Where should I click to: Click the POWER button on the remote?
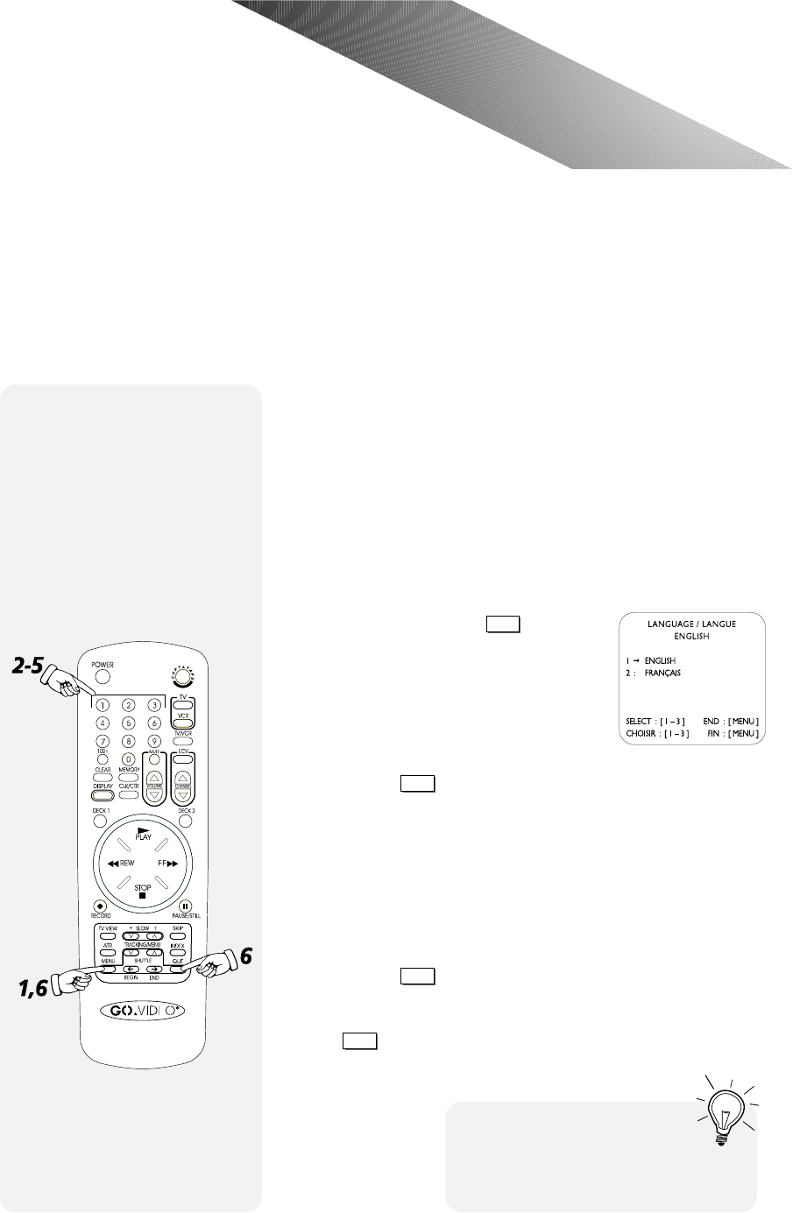pyautogui.click(x=103, y=677)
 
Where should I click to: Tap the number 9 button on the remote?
pyautogui.click(x=154, y=741)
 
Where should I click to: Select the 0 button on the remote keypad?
pyautogui.click(x=129, y=758)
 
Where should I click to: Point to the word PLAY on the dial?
pyautogui.click(x=143, y=836)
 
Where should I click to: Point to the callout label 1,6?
pyautogui.click(x=28, y=990)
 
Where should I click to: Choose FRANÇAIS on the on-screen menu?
pyautogui.click(x=662, y=673)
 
